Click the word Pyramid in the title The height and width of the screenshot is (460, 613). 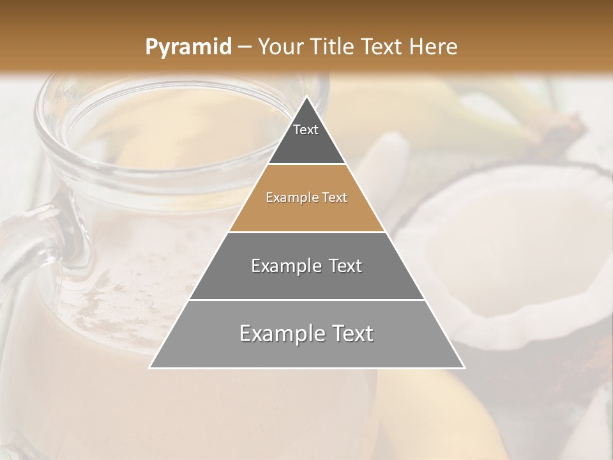(x=188, y=47)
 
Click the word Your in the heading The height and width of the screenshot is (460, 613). (x=281, y=47)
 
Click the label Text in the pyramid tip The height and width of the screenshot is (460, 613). (x=306, y=130)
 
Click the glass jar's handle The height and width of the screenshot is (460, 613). (x=26, y=249)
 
